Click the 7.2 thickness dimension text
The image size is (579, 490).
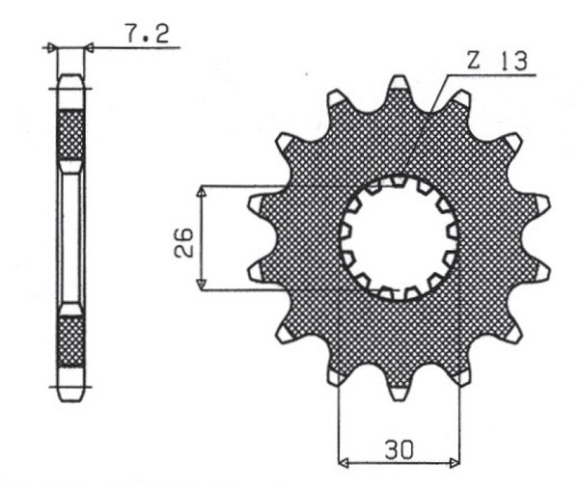point(148,33)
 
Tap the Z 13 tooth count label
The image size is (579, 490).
point(497,61)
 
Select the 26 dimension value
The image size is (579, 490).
point(184,242)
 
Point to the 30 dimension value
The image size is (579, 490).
point(400,449)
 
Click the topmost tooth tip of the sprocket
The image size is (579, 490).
point(399,76)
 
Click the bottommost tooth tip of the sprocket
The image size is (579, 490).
point(399,400)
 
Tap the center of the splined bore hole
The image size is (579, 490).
point(399,238)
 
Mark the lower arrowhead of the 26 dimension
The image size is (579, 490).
point(202,284)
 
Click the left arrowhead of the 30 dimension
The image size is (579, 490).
point(344,463)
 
